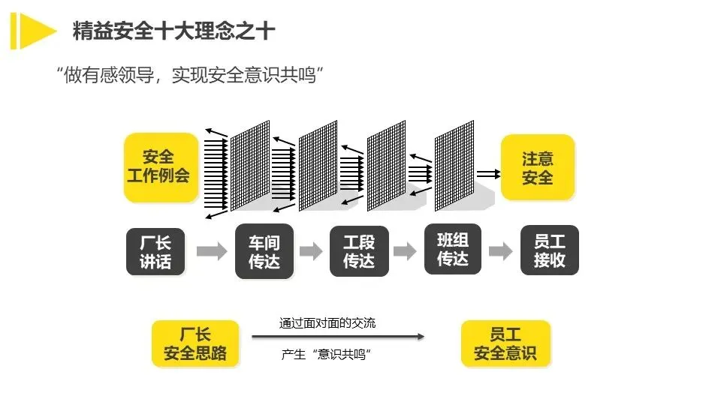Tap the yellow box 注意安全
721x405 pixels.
pyautogui.click(x=537, y=167)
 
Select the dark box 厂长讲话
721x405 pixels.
pyautogui.click(x=155, y=252)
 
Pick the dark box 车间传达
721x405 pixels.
pyautogui.click(x=264, y=252)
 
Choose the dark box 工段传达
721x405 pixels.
pyautogui.click(x=359, y=252)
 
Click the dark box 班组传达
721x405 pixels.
pyautogui.click(x=453, y=250)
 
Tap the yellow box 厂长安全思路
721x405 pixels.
pyautogui.click(x=195, y=344)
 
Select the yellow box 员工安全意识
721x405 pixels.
pyautogui.click(x=505, y=344)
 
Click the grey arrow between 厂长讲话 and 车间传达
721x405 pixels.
pyautogui.click(x=211, y=251)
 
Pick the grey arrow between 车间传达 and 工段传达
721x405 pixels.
pyautogui.click(x=311, y=251)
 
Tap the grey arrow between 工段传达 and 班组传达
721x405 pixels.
pyautogui.click(x=405, y=251)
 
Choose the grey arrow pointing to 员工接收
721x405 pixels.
pyautogui.click(x=500, y=251)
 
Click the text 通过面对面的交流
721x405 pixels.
pyautogui.click(x=327, y=323)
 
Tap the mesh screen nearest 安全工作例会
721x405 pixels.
pyautogui.click(x=249, y=166)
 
